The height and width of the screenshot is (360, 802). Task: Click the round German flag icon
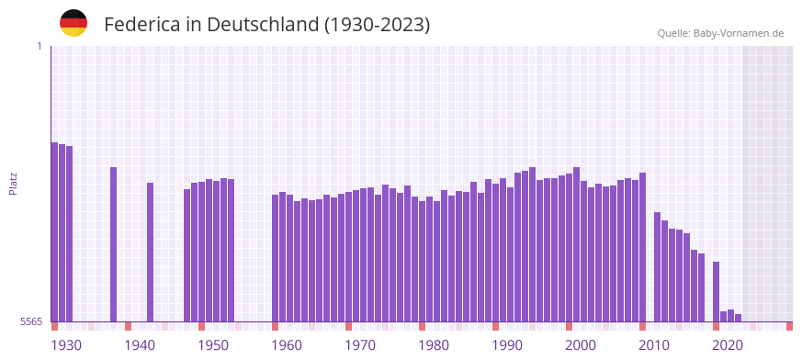[x=73, y=23]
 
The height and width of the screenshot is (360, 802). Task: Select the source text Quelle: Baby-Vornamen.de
[x=720, y=33]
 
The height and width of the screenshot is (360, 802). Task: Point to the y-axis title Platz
[x=13, y=184]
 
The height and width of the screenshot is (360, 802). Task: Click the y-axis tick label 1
[x=39, y=46]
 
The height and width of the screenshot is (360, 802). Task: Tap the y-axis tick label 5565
[x=30, y=321]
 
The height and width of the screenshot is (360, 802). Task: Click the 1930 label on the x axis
[x=66, y=345]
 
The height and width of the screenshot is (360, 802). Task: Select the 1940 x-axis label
[x=140, y=345]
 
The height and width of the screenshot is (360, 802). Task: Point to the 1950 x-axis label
[x=213, y=345]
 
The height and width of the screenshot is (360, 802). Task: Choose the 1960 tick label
[x=287, y=345]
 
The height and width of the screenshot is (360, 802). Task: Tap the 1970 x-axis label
[x=360, y=345]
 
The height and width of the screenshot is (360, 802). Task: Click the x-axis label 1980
[x=434, y=345]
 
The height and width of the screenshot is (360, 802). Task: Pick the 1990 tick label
[x=507, y=345]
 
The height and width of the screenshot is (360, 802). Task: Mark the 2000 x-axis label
[x=581, y=345]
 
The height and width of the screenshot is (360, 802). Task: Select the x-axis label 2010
[x=654, y=345]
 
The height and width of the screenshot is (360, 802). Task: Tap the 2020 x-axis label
[x=728, y=345]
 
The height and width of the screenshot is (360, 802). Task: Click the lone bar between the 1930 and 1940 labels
[x=114, y=244]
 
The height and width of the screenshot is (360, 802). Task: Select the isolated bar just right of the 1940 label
[x=151, y=253]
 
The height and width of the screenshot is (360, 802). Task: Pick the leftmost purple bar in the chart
[x=54, y=231]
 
